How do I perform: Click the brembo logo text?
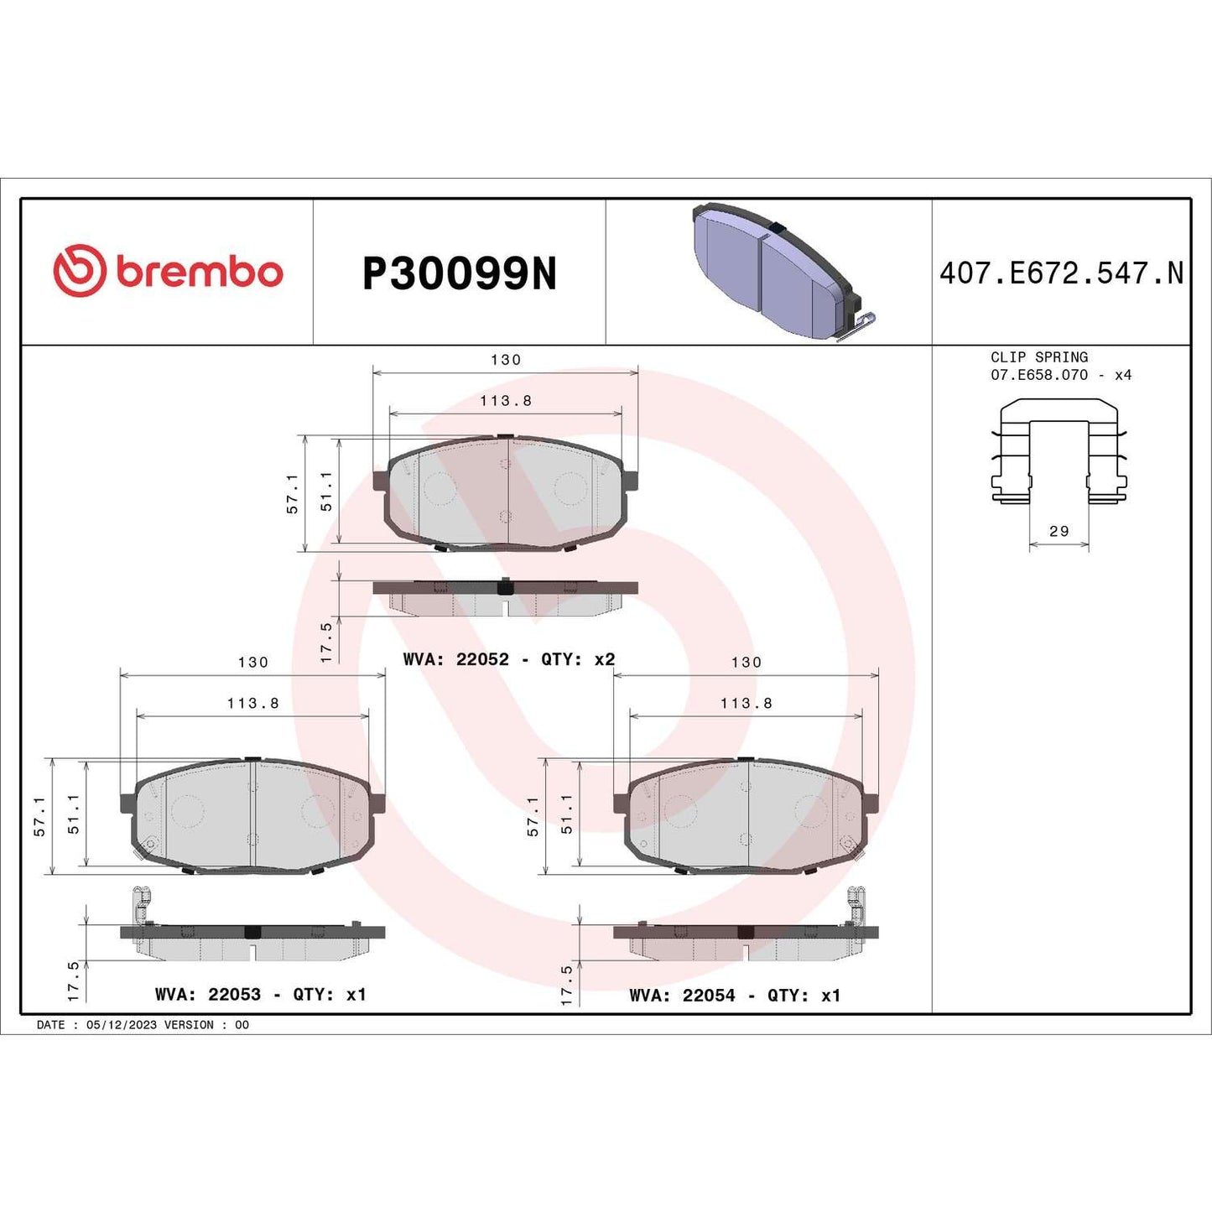[x=200, y=273]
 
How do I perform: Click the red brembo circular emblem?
[x=80, y=271]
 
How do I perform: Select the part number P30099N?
[x=459, y=273]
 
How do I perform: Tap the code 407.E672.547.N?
[x=1061, y=273]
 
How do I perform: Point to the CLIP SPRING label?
[x=1038, y=357]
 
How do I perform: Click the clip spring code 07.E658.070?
[x=1038, y=375]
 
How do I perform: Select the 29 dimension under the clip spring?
[x=1059, y=531]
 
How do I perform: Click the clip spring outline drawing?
[x=1059, y=453]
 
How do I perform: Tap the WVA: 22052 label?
[x=455, y=659]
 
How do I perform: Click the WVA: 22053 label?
[x=208, y=994]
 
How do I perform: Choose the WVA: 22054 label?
[x=682, y=995]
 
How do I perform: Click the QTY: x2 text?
[x=578, y=659]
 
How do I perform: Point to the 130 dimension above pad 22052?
[x=506, y=360]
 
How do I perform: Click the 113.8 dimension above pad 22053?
[x=252, y=704]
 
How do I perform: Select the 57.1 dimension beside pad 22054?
[x=533, y=816]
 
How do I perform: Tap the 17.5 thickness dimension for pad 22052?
[x=326, y=642]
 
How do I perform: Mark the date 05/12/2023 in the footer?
[x=121, y=1025]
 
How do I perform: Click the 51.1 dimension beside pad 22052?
[x=326, y=491]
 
